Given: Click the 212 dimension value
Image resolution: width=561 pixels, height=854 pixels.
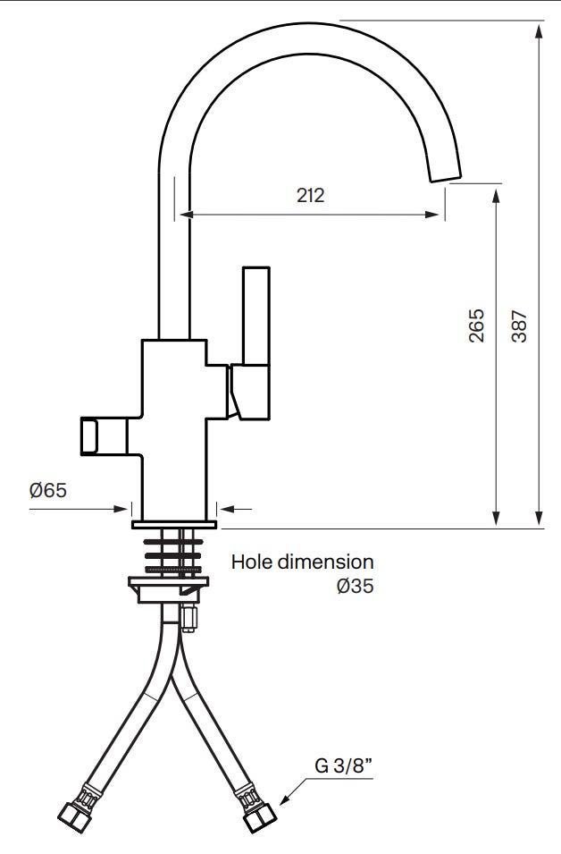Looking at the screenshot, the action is pyautogui.click(x=310, y=195).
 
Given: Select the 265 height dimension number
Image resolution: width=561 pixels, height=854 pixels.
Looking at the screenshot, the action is pyautogui.click(x=476, y=326).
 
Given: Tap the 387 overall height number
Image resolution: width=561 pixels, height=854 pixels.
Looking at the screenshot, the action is pyautogui.click(x=520, y=326).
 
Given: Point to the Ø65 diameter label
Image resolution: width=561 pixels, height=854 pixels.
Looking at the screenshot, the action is pyautogui.click(x=48, y=490).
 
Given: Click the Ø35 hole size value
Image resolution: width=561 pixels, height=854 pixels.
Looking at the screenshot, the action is pyautogui.click(x=356, y=586).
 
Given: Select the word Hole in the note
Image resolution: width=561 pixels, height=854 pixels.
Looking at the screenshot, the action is pyautogui.click(x=252, y=562).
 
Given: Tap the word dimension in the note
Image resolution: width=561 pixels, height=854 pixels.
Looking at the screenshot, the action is pyautogui.click(x=325, y=562).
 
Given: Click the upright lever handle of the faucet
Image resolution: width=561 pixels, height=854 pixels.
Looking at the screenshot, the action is pyautogui.click(x=256, y=316).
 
